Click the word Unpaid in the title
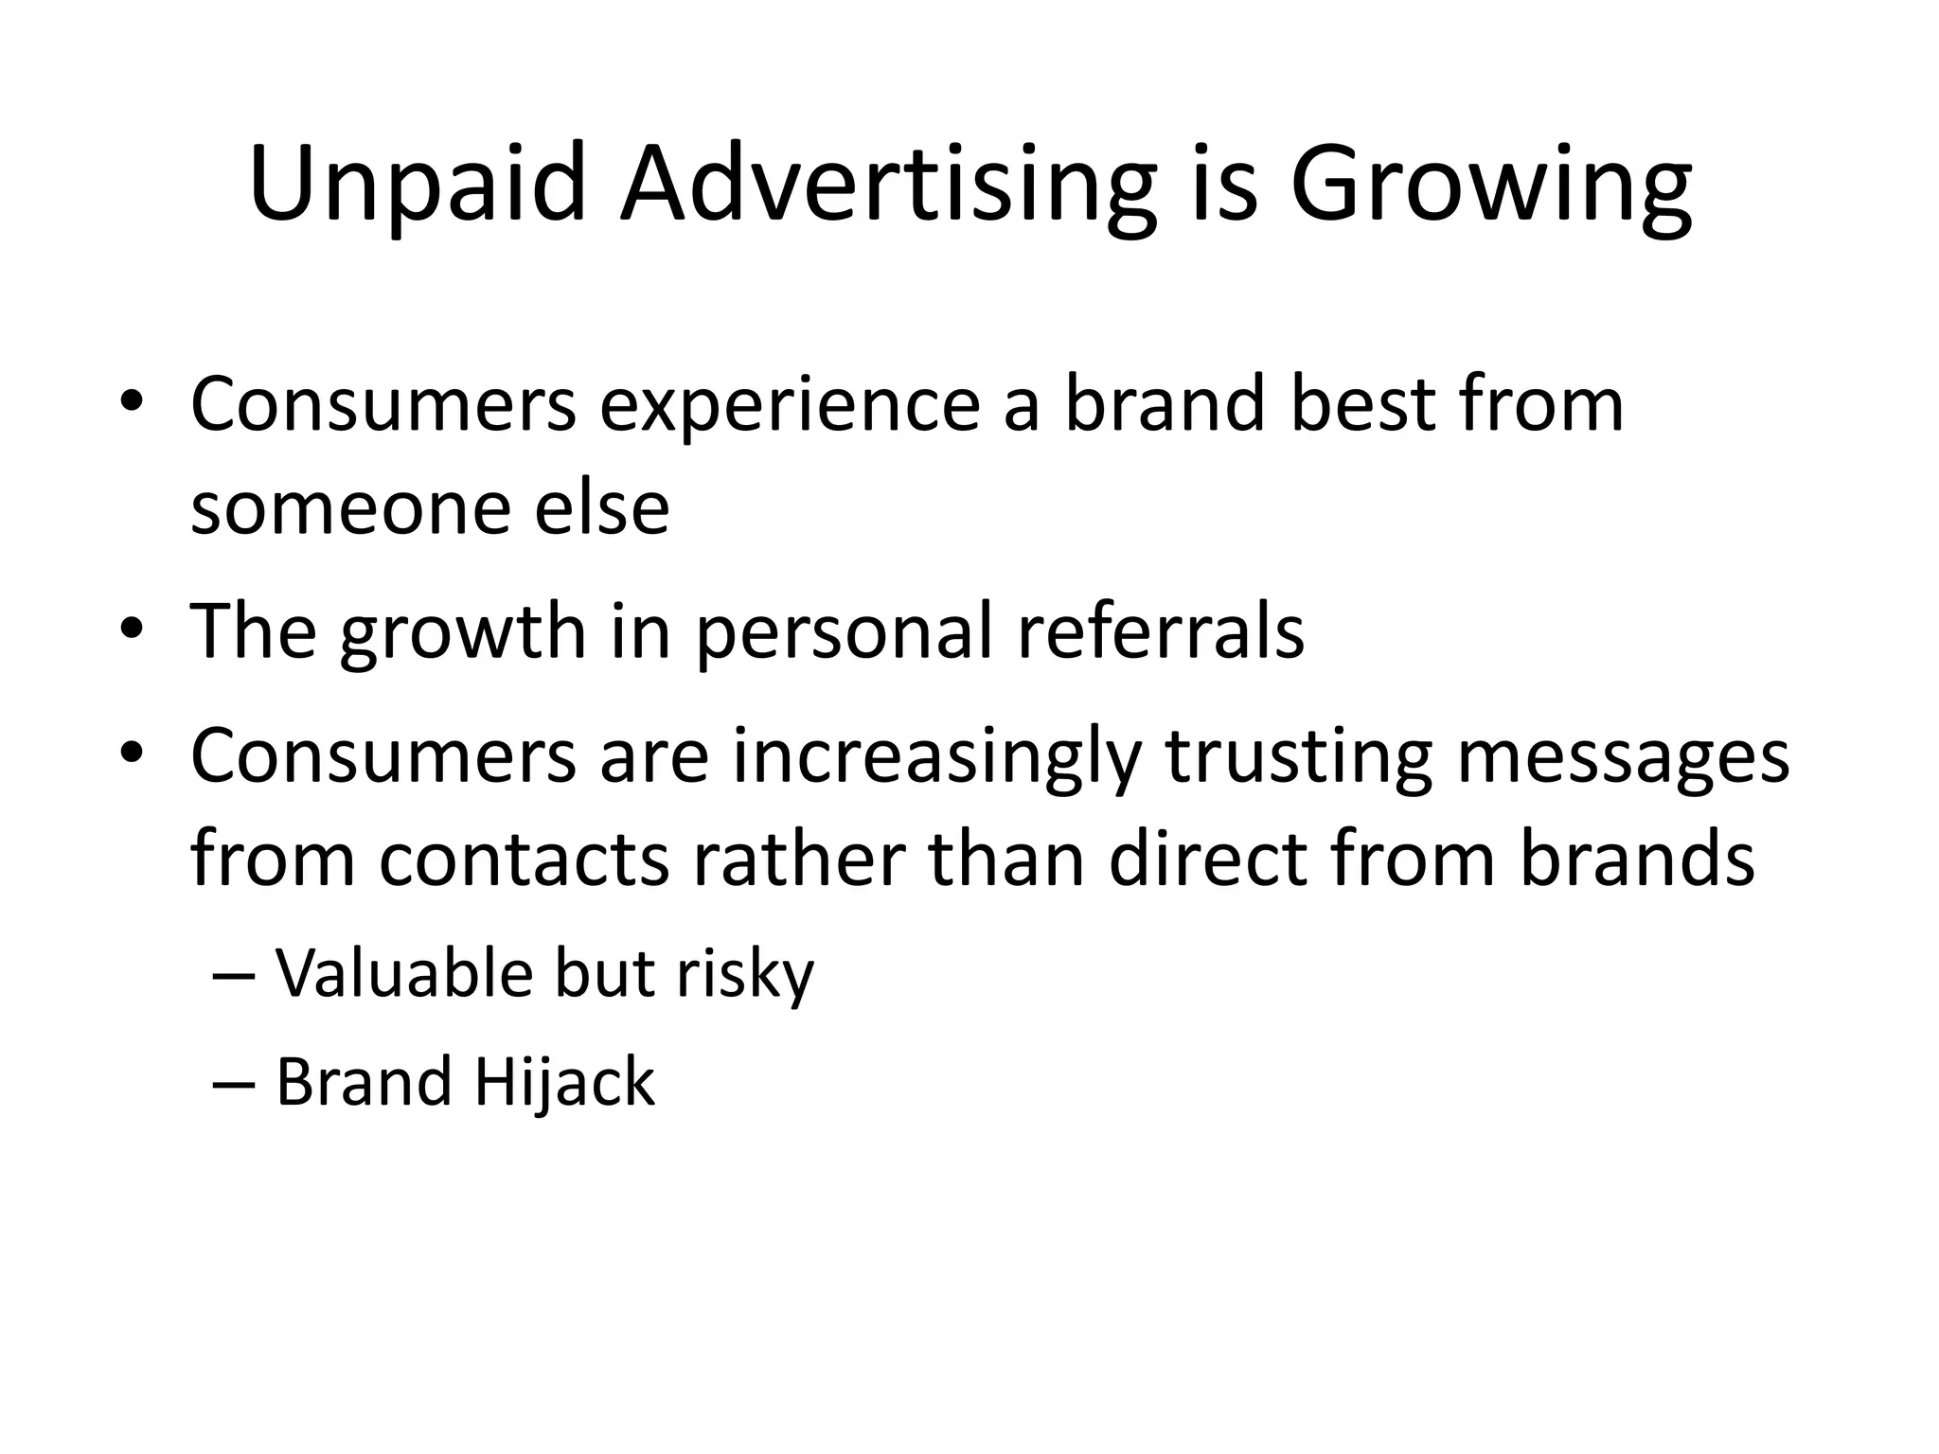tap(417, 185)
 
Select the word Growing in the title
tap(1490, 185)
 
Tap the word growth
tap(462, 631)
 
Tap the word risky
tap(744, 975)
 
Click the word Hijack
tap(563, 1082)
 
